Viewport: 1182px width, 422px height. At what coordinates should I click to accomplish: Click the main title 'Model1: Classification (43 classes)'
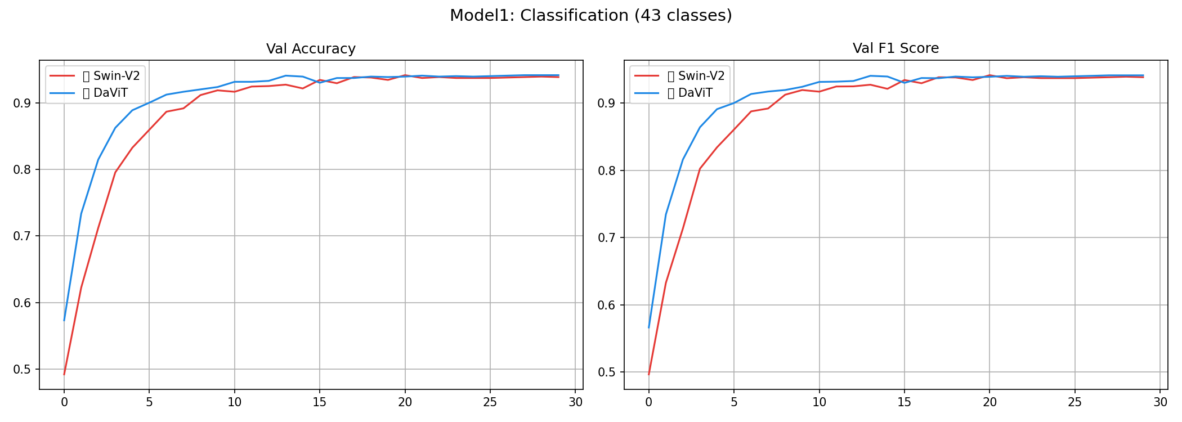[590, 16]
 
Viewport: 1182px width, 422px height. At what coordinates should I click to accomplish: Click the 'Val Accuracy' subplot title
[311, 49]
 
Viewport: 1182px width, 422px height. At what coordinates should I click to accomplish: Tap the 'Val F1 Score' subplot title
[896, 48]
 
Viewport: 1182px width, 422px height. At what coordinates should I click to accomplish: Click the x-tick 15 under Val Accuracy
[319, 402]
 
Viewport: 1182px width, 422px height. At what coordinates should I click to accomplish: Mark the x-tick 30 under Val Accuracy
[575, 402]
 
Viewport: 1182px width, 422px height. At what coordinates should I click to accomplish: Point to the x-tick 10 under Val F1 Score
[819, 402]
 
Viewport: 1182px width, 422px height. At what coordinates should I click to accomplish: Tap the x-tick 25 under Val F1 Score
[1074, 402]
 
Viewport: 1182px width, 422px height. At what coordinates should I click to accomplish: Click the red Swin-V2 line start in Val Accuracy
[64, 374]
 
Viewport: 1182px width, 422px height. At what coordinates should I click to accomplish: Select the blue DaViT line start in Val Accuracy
[64, 321]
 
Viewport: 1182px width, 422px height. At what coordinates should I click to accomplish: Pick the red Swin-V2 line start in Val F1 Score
[648, 374]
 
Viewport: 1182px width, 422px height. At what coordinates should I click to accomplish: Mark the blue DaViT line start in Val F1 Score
[648, 327]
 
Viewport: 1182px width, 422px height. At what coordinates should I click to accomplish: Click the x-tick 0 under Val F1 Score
[648, 402]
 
